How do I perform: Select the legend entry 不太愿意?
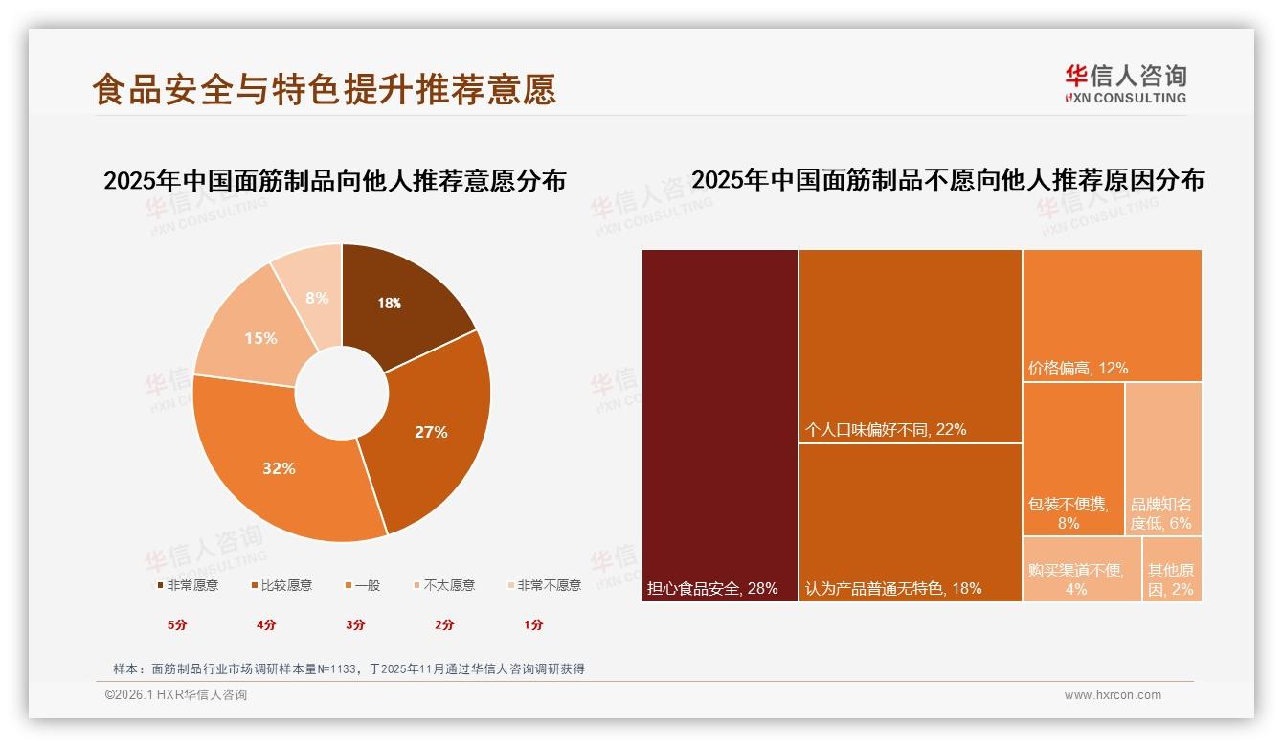448,585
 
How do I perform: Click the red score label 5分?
177,624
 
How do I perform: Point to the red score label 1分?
533,624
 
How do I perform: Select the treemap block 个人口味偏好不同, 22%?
910,345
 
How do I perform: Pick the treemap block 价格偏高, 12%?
1112,315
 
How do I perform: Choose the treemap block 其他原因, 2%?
1171,569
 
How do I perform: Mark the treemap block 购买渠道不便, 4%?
1081,569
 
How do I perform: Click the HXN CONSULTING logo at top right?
1125,84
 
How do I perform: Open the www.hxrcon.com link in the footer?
1113,695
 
